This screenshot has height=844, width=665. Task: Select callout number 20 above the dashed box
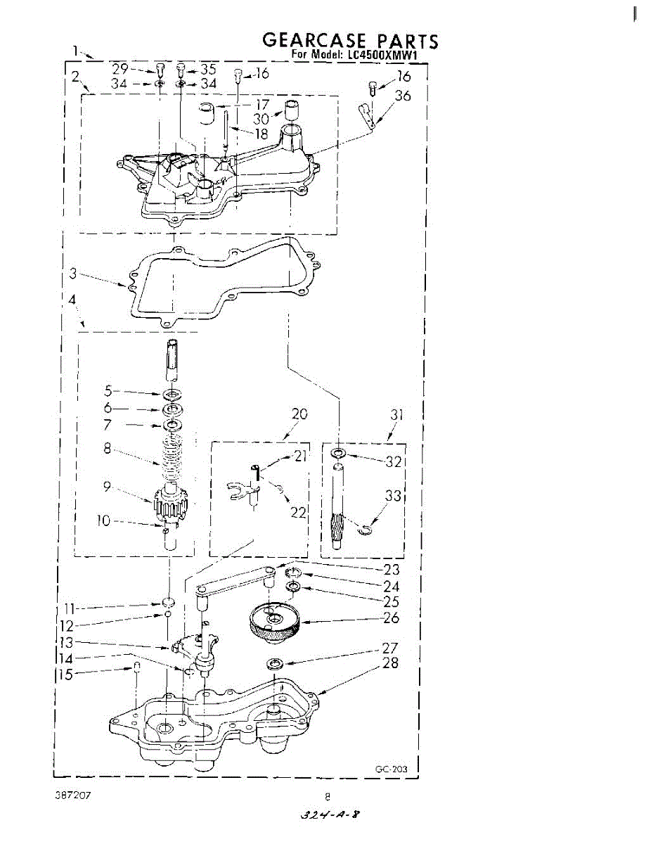coord(299,414)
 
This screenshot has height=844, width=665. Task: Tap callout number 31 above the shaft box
coord(397,414)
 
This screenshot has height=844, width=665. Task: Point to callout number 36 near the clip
coord(403,96)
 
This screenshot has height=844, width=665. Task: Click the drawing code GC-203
coord(391,769)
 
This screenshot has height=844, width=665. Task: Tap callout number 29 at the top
coord(120,69)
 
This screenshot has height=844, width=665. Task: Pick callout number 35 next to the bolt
coord(207,69)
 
